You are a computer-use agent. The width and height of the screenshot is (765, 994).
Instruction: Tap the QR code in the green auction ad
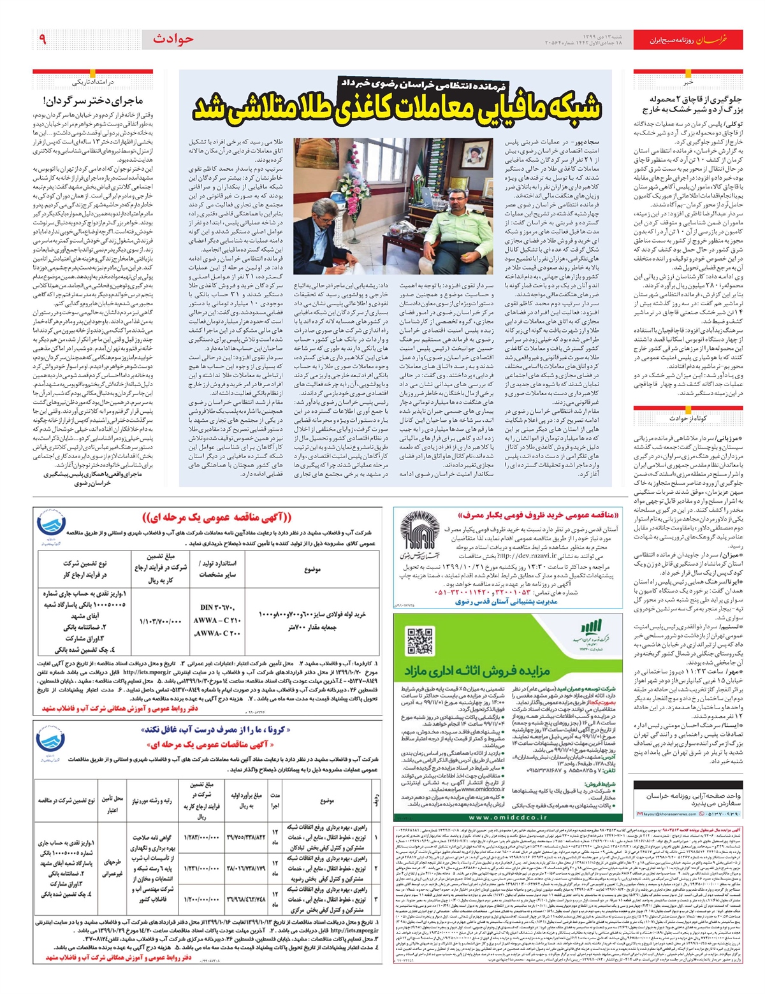(x=420, y=639)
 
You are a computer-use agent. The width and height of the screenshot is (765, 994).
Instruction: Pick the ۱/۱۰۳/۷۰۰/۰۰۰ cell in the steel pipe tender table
(x=151, y=621)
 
